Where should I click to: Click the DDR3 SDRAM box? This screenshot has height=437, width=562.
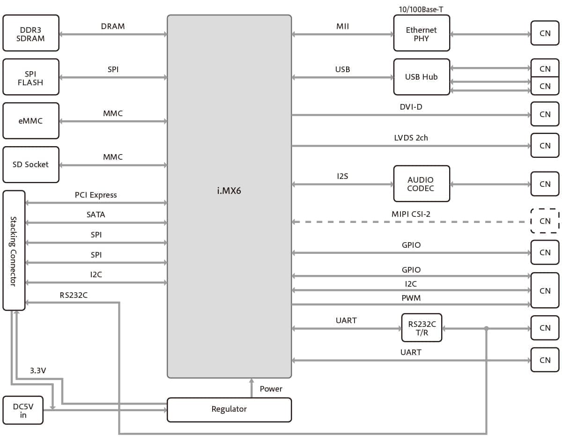pos(31,33)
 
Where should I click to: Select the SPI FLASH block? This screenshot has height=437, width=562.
pos(31,77)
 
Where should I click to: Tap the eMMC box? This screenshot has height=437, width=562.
pos(31,121)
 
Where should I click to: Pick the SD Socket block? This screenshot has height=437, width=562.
pos(31,164)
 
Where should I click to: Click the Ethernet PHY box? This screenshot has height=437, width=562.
pos(421,33)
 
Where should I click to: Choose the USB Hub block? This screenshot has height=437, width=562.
pos(421,77)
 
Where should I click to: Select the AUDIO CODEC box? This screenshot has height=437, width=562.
pos(421,184)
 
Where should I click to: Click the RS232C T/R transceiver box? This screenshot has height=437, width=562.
pos(421,328)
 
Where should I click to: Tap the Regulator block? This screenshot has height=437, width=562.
pos(229,409)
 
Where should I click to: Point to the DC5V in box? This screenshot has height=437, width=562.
pos(23,411)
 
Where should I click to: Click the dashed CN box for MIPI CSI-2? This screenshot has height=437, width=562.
pos(545,221)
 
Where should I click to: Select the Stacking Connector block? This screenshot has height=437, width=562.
pos(14,251)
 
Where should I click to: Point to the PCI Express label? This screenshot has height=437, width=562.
pos(96,195)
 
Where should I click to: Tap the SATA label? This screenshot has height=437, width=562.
pos(96,215)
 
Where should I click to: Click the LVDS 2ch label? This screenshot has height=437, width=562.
pos(411,138)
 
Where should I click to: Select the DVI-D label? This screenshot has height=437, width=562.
pos(411,107)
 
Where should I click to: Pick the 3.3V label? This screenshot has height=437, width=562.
pos(38,370)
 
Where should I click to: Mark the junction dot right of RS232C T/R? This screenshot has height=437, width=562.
pos(487,328)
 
